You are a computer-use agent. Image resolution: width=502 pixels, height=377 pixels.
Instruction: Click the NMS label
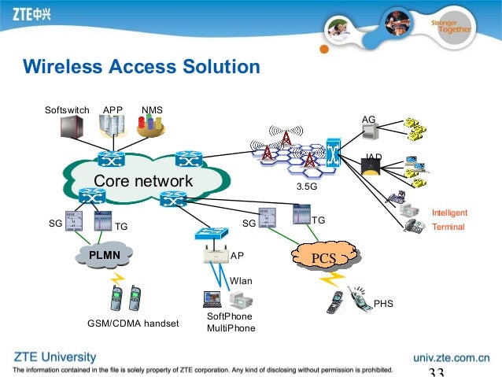click(151, 109)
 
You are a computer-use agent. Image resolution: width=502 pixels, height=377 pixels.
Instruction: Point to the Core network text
click(142, 182)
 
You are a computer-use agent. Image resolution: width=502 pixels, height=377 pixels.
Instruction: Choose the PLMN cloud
click(104, 255)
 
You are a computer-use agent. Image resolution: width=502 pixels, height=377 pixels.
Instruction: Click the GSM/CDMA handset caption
click(133, 323)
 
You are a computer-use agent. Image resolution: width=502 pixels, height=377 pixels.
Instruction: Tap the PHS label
click(384, 303)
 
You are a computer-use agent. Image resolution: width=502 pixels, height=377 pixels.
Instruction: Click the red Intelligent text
click(450, 213)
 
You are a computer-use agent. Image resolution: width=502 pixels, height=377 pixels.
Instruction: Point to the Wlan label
click(240, 280)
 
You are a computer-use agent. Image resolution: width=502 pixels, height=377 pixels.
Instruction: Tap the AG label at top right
click(368, 120)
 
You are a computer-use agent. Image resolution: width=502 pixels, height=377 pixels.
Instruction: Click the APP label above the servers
click(113, 109)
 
